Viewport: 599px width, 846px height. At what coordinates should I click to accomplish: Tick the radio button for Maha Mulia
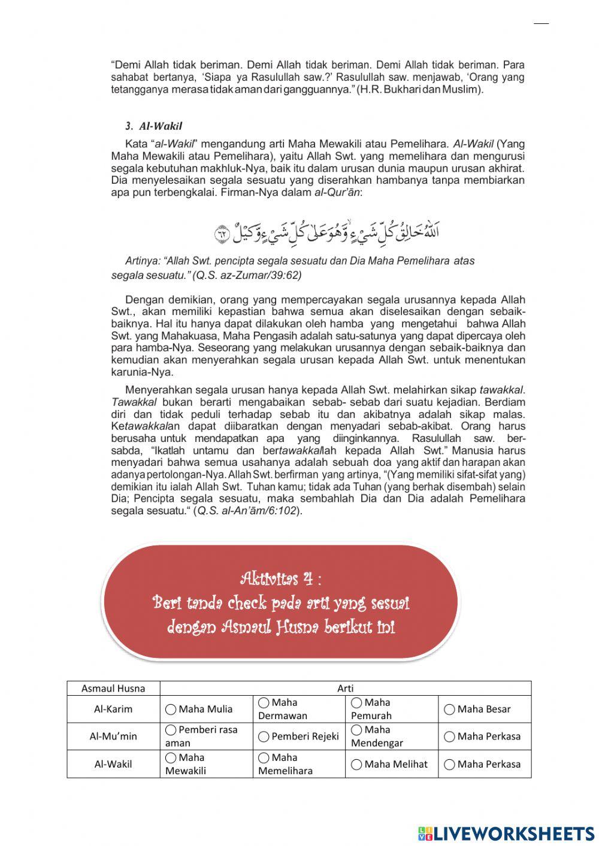coord(171,709)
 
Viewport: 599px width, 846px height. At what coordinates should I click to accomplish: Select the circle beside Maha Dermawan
coord(264,702)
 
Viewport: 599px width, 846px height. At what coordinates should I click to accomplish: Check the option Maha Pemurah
coord(356,702)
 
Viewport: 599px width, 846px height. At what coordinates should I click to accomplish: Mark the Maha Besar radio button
coord(449,709)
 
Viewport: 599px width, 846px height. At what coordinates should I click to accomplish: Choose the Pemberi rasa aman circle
coord(171,730)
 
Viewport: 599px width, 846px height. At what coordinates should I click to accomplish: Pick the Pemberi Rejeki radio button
coord(264,737)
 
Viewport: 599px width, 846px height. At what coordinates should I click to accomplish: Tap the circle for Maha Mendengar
coord(356,730)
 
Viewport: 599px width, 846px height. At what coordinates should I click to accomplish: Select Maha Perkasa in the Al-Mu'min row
coord(449,737)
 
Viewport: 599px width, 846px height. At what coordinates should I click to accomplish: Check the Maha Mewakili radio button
coord(171,757)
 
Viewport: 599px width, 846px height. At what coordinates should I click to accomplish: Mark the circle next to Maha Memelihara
coord(264,757)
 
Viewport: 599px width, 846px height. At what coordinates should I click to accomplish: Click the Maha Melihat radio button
coord(356,765)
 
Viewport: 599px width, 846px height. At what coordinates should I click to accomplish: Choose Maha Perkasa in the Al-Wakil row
coord(449,765)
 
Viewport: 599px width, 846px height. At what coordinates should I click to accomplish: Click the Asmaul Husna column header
coord(113,689)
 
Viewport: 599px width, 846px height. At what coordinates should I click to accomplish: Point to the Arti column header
coord(346,689)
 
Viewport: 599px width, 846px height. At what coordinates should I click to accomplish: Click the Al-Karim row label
coord(113,709)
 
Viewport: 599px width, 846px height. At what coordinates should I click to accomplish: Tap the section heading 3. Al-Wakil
coord(154,126)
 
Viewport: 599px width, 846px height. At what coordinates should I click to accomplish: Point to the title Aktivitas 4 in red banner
coord(280,579)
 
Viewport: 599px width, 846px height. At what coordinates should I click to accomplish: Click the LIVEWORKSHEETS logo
coord(506,833)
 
